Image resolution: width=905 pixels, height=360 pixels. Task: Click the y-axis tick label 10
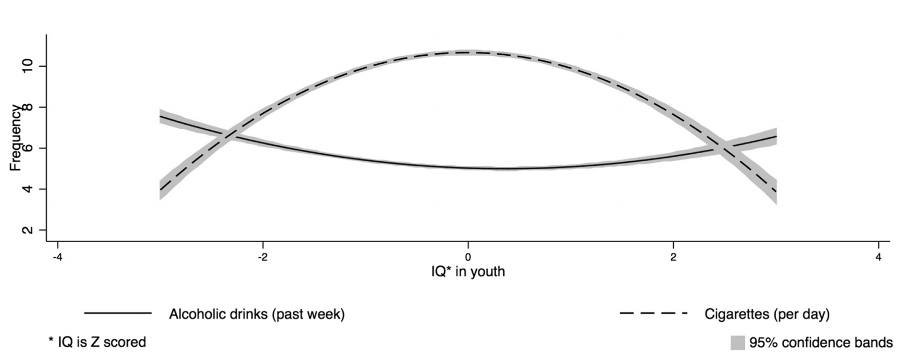[26, 67]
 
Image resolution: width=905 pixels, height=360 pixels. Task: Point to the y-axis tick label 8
[26, 107]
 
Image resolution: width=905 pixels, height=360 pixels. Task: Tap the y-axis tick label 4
[26, 189]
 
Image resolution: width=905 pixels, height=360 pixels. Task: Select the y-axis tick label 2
[26, 230]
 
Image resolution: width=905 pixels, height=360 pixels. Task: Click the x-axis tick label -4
[57, 257]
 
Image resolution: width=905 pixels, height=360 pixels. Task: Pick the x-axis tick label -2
[262, 257]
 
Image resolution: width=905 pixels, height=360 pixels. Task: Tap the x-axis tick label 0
[468, 257]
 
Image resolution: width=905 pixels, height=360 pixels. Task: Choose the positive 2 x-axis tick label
[673, 257]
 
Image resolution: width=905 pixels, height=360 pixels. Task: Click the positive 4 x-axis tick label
[879, 257]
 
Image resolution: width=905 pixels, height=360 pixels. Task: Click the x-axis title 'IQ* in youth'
[468, 272]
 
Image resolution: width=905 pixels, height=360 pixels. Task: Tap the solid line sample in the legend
[118, 313]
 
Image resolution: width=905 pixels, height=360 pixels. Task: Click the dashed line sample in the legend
[653, 313]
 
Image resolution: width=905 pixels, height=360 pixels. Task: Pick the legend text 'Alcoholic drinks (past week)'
[257, 314]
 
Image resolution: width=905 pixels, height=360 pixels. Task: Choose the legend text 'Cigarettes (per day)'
[767, 314]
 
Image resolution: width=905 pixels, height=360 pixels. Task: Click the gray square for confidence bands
[738, 343]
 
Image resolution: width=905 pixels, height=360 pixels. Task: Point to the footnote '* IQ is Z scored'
[97, 342]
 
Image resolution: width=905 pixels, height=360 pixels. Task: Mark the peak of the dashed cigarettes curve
[468, 53]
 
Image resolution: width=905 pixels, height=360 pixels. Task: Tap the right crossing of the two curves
[722, 149]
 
